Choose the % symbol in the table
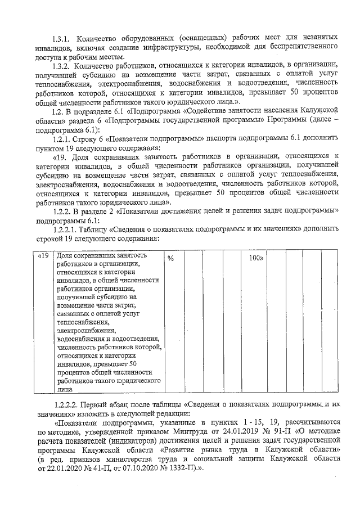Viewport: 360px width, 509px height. click(171, 258)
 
